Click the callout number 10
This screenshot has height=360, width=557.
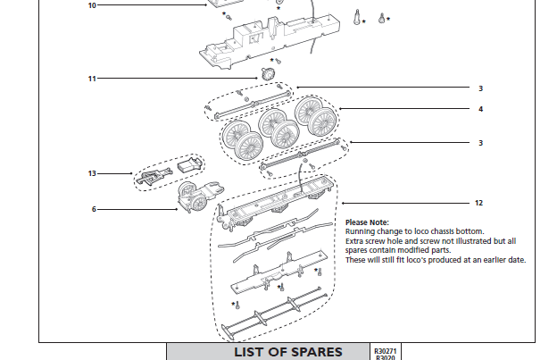pyautogui.click(x=92, y=5)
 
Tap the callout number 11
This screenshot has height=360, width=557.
pyautogui.click(x=92, y=79)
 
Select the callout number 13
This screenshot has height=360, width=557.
pyautogui.click(x=92, y=173)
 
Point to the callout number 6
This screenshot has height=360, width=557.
pyautogui.click(x=93, y=209)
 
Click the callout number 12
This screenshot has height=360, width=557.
pyautogui.click(x=479, y=203)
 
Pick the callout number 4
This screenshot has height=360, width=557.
pyautogui.click(x=479, y=110)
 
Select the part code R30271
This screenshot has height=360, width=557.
pyautogui.click(x=385, y=350)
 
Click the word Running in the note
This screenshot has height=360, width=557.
pyautogui.click(x=359, y=231)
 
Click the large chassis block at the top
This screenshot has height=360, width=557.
pyautogui.click(x=268, y=40)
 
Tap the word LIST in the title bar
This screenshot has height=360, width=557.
pyautogui.click(x=251, y=351)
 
